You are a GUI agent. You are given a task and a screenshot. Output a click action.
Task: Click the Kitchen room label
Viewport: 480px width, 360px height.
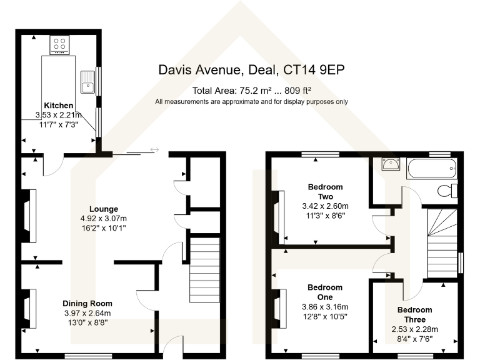coord(58,105)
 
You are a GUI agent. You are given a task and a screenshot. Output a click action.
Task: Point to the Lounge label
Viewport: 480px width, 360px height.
coord(104,209)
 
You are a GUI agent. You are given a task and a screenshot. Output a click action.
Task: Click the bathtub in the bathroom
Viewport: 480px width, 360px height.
coord(432,167)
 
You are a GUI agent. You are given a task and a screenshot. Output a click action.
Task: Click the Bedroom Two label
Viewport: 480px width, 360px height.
coord(325,191)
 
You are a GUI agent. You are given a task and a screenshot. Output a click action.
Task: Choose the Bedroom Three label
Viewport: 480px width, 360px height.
coord(414,314)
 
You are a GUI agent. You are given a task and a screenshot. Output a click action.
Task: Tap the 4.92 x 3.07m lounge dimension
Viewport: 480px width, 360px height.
coord(104,218)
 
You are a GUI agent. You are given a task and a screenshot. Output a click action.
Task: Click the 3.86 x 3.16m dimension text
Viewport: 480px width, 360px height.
coord(325,307)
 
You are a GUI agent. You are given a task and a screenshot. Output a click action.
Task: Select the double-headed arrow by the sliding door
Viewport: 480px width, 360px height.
coord(154,149)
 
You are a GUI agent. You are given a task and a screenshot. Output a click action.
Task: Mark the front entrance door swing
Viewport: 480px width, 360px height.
coord(170,346)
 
